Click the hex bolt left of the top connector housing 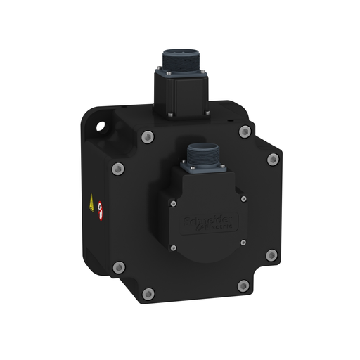pos(146,136)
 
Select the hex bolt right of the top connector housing pos(244,131)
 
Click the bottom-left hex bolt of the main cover pos(147,293)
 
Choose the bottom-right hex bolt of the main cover pos(243,285)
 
